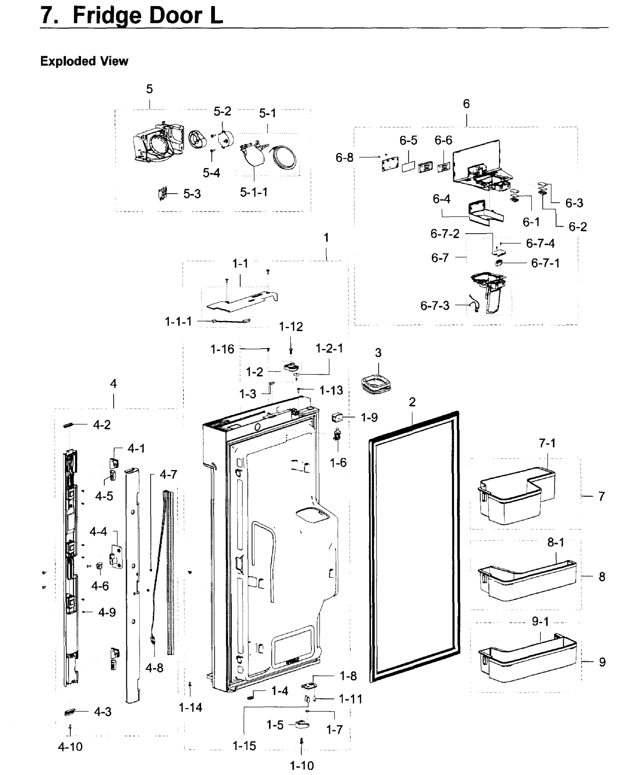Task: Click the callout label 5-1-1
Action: (253, 192)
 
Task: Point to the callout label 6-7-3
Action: (435, 305)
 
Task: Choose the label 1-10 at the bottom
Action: (302, 766)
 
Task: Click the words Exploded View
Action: (84, 61)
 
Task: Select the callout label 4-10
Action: (70, 747)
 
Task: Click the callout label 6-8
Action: (344, 158)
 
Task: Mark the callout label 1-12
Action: (291, 326)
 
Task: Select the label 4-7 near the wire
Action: (168, 474)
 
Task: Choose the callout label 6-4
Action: (441, 199)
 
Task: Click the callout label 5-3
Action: (192, 194)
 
